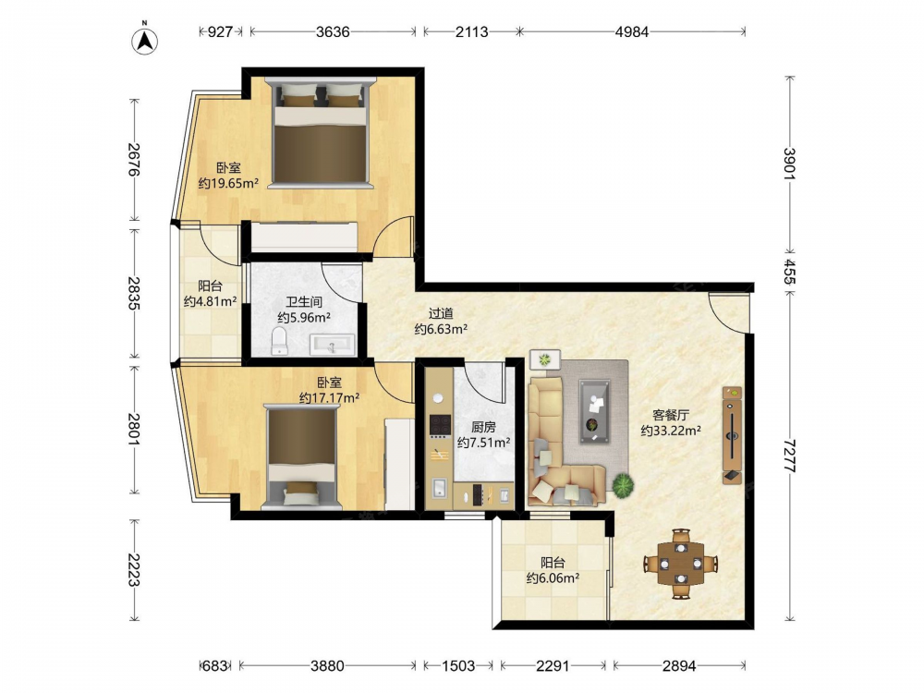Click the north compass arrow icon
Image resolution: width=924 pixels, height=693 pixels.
click(x=144, y=40)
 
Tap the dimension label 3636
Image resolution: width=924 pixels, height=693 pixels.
click(x=333, y=31)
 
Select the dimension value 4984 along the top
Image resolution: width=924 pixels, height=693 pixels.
click(x=632, y=31)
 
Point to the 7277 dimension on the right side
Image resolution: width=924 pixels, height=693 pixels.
click(x=790, y=456)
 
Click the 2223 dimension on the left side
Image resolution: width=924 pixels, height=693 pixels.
click(x=134, y=570)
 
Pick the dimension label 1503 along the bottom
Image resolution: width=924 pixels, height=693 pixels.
click(x=458, y=666)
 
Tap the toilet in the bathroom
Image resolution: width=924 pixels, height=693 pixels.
click(x=279, y=341)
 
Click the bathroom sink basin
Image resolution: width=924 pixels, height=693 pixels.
click(x=333, y=344)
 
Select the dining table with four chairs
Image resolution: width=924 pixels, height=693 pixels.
click(x=681, y=564)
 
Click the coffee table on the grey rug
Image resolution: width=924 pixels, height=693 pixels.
click(x=594, y=411)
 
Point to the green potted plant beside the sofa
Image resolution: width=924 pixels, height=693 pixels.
click(x=622, y=485)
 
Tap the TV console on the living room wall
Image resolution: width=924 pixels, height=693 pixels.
click(x=733, y=435)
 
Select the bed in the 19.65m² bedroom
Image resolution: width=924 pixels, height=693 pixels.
click(x=320, y=133)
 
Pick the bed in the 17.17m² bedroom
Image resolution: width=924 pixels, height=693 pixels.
click(x=302, y=456)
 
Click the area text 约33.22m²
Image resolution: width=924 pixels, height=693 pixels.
click(x=671, y=431)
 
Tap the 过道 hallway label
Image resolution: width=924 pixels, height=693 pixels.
click(x=441, y=313)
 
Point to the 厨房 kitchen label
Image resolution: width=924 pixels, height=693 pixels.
click(x=483, y=427)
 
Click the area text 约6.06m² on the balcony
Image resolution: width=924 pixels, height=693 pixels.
click(x=553, y=578)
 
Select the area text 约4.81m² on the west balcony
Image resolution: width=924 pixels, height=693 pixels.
click(x=210, y=302)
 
